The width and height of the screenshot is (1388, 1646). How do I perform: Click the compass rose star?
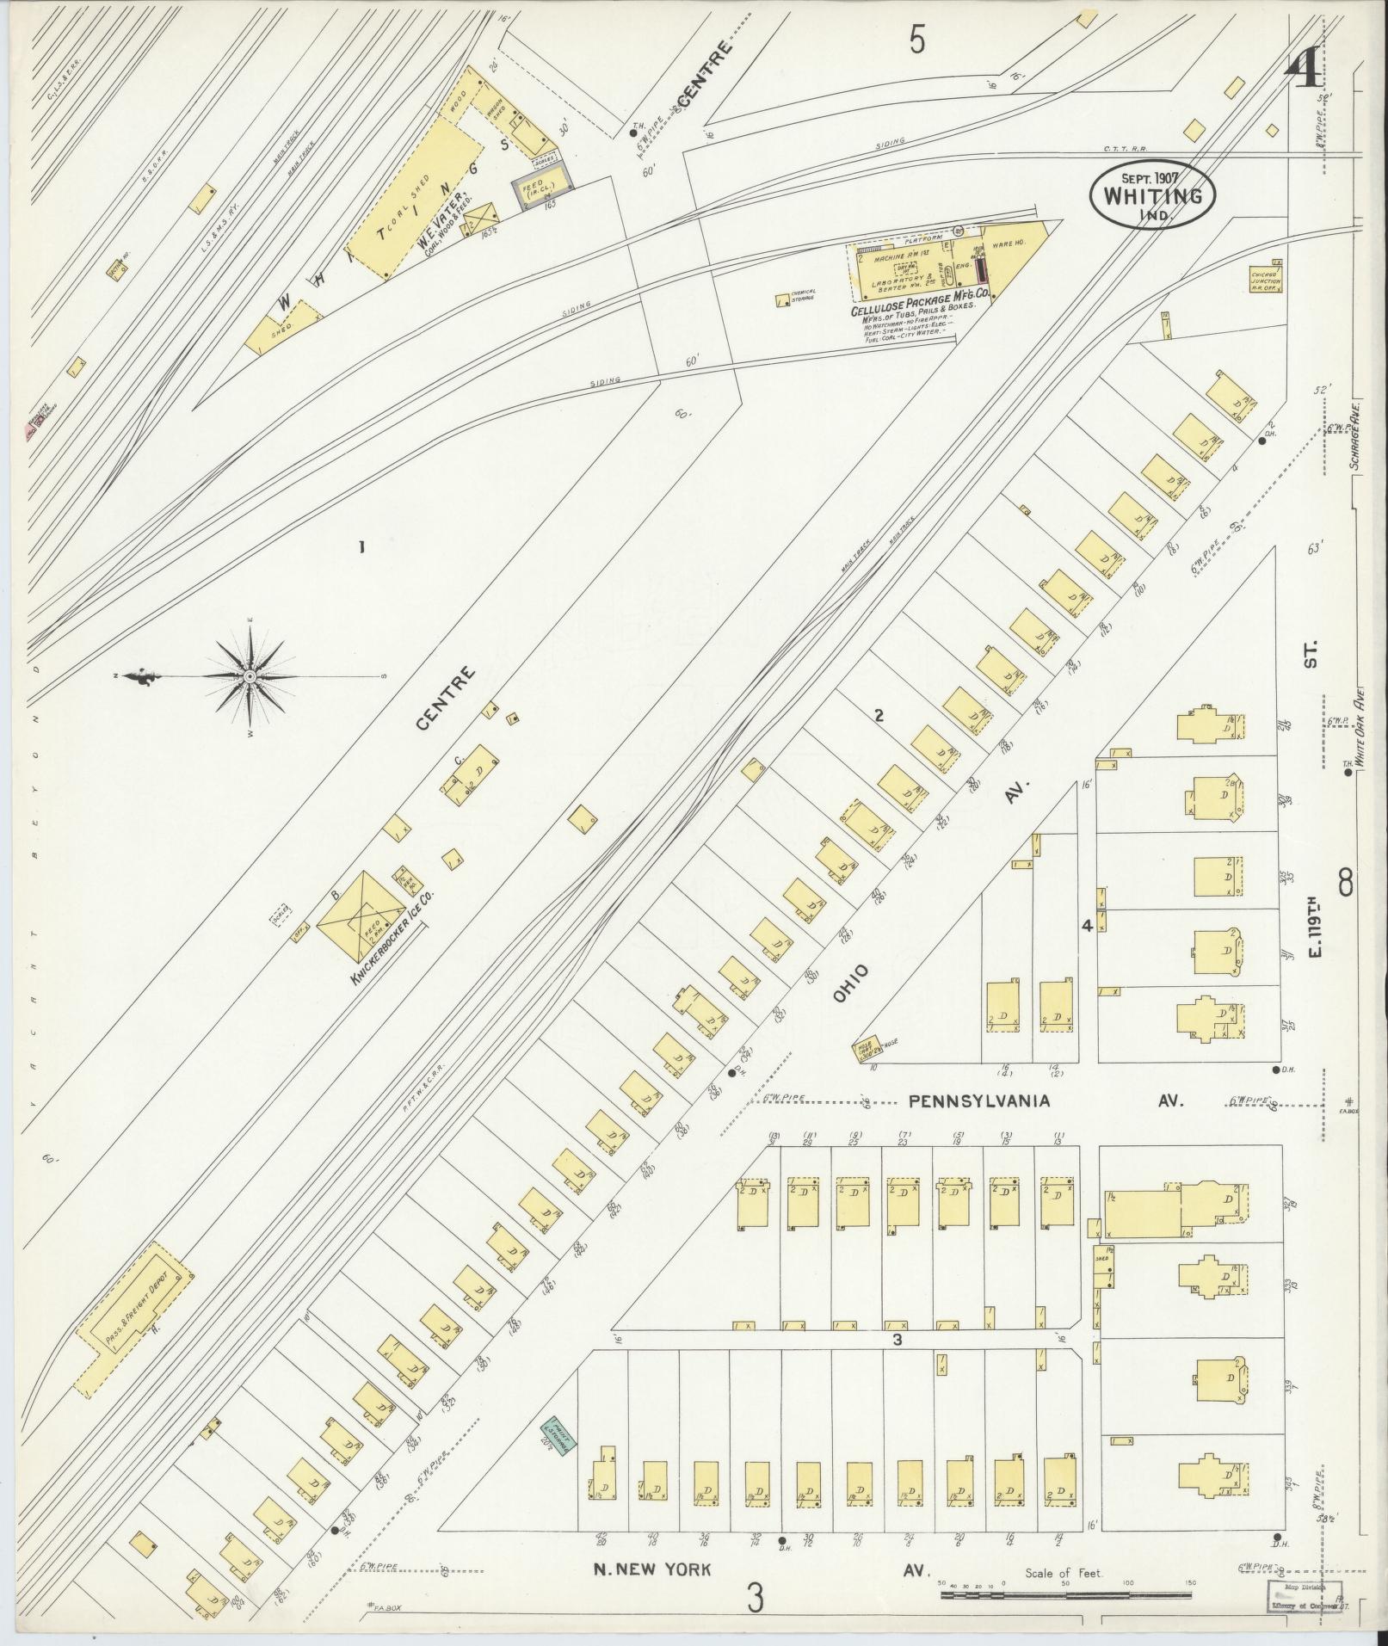point(250,677)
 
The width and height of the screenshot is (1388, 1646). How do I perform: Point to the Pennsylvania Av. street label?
point(979,1100)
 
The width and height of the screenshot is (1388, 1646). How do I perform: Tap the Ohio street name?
point(850,983)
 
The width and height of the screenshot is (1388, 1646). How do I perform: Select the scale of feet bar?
point(1068,1594)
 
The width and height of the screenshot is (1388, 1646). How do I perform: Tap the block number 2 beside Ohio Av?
point(879,713)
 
